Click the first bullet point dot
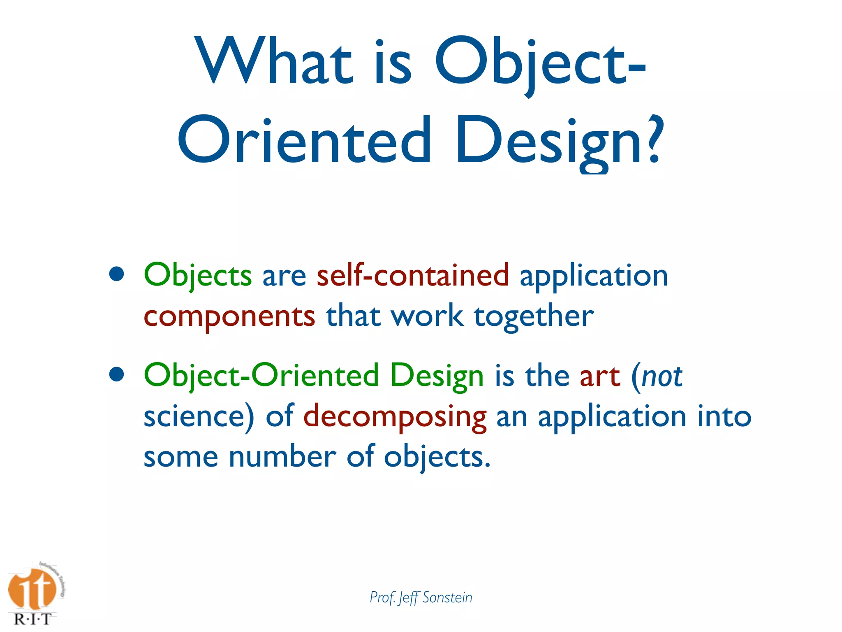click(x=117, y=274)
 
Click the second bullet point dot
click(x=117, y=374)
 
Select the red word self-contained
click(x=413, y=275)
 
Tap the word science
click(x=195, y=416)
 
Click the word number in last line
click(x=282, y=457)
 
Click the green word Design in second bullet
click(x=437, y=376)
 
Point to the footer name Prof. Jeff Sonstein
click(x=421, y=597)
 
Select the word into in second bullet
click(x=724, y=416)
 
